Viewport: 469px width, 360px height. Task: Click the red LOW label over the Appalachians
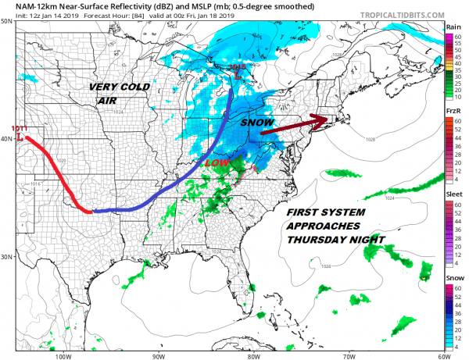point(216,162)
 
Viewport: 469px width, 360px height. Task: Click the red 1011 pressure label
point(18,127)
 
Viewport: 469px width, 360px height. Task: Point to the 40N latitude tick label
point(6,139)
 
